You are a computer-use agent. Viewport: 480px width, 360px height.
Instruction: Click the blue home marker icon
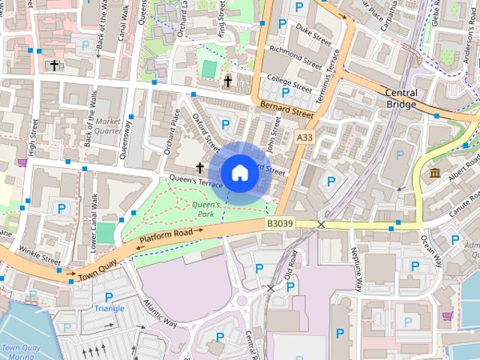pyautogui.click(x=238, y=172)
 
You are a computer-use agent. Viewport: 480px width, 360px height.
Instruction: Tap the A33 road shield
pyautogui.click(x=304, y=138)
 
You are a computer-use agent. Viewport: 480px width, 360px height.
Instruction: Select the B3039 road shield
pyautogui.click(x=279, y=223)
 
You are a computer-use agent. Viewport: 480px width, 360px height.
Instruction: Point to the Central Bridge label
pyautogui.click(x=400, y=98)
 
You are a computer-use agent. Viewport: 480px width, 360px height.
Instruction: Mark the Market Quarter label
pyautogui.click(x=108, y=125)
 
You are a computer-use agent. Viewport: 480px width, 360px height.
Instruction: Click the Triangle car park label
pyautogui.click(x=109, y=308)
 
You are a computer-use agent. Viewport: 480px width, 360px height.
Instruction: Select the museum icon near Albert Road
pyautogui.click(x=435, y=174)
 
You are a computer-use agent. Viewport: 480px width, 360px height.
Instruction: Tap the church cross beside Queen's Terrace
pyautogui.click(x=200, y=167)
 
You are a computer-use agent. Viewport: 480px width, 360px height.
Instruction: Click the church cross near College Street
pyautogui.click(x=228, y=80)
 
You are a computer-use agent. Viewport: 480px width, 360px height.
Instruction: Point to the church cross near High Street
pyautogui.click(x=54, y=65)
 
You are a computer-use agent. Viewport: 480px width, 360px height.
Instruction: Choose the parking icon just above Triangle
pyautogui.click(x=109, y=297)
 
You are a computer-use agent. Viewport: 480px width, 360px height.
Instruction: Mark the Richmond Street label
pyautogui.click(x=295, y=56)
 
